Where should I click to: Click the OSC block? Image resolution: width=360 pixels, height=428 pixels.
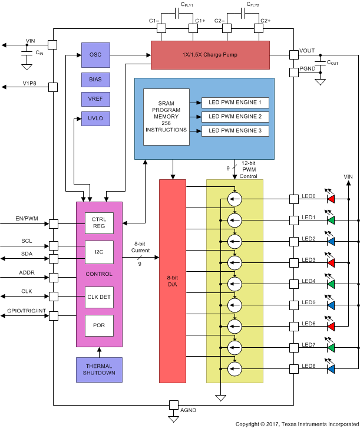pos(95,54)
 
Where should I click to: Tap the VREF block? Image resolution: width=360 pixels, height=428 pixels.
pos(95,98)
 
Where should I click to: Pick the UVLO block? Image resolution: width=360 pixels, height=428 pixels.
pos(95,118)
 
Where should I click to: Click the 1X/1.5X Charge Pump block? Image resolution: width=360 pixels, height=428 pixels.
pos(210,55)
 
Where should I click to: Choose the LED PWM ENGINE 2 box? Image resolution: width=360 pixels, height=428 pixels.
pos(235,117)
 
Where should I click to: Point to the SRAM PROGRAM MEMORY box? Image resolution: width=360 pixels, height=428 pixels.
pos(166,117)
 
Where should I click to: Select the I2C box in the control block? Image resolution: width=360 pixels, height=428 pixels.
pos(99,252)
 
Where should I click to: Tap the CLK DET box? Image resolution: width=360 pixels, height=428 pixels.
pos(99,297)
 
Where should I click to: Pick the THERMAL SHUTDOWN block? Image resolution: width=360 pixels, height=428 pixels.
pos(99,369)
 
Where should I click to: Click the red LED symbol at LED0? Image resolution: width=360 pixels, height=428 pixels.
pos(331,199)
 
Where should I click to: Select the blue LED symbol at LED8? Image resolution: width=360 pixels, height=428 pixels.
pos(331,369)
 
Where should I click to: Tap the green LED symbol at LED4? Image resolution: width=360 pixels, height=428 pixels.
pos(331,284)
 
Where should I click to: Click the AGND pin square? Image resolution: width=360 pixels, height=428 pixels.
pos(174,405)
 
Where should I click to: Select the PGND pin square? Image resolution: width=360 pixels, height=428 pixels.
pos(294,73)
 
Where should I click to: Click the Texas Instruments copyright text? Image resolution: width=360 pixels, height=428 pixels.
pos(296,423)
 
